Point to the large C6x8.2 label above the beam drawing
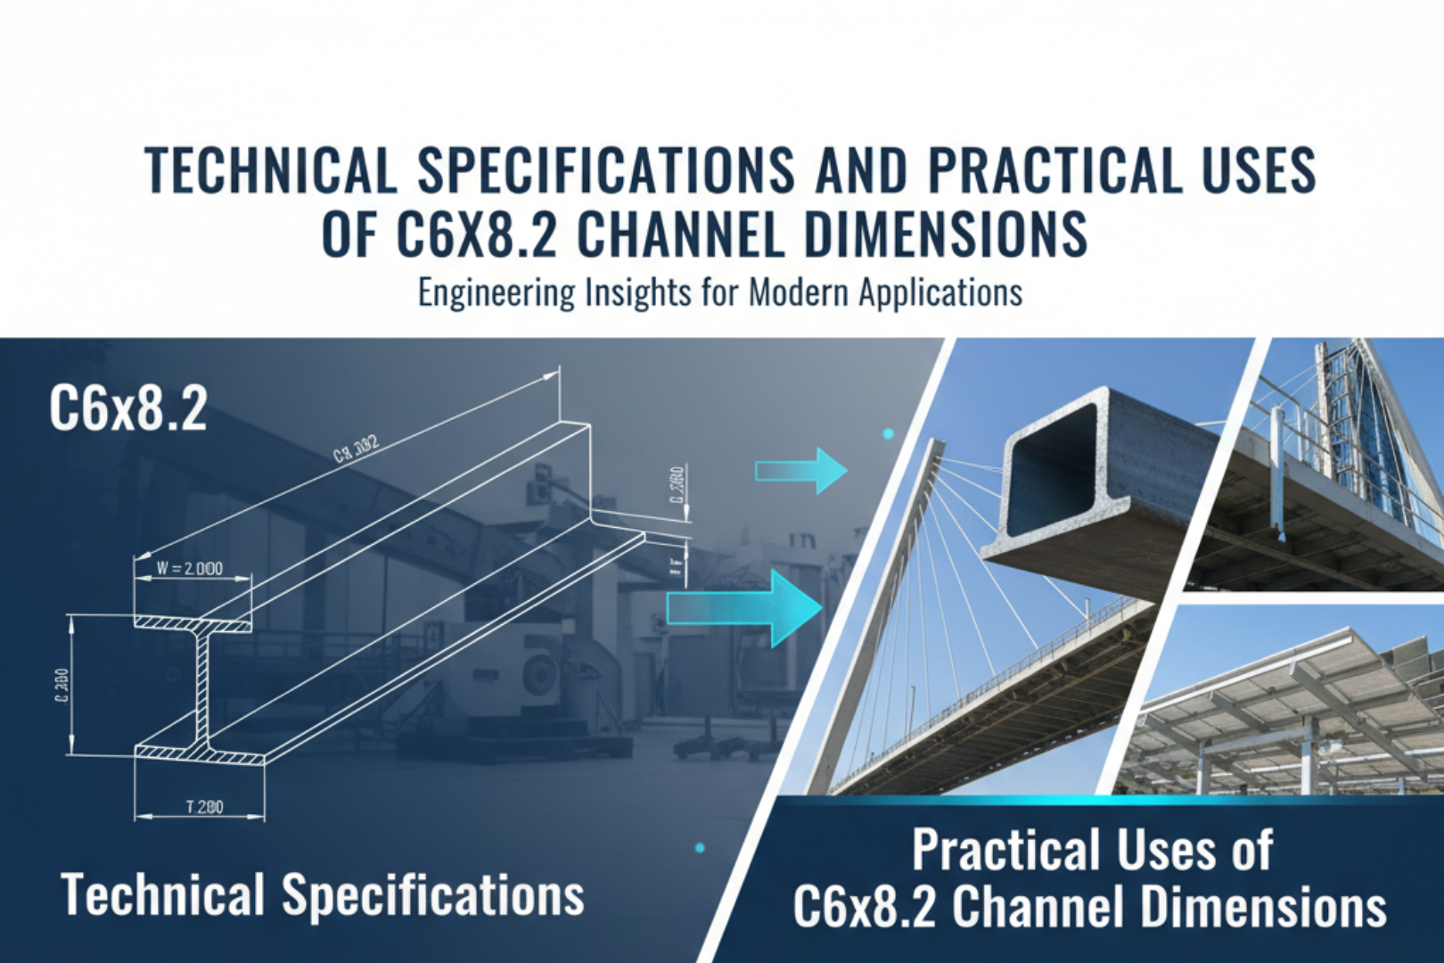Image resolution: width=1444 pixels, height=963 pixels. click(127, 409)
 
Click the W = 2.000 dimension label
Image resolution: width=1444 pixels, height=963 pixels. click(190, 568)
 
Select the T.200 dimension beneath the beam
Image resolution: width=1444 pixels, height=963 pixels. click(204, 808)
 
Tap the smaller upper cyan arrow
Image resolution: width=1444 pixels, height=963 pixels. click(800, 470)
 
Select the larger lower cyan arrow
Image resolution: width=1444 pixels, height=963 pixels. click(745, 608)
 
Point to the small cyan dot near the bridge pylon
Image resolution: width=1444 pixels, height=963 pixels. click(888, 434)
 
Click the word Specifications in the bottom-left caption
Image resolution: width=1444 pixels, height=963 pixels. click(433, 894)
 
